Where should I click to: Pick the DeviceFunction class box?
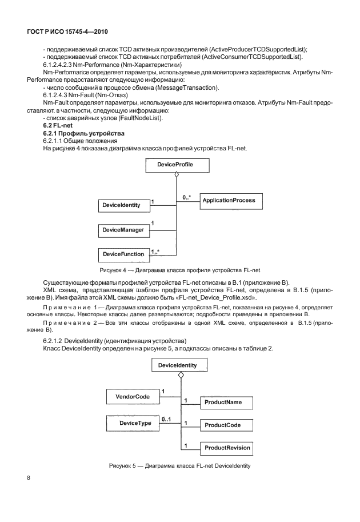pyautogui.click(x=123, y=253)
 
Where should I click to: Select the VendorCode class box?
pyautogui.click(x=132, y=396)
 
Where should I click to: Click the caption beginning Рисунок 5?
pyautogui.click(x=179, y=467)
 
